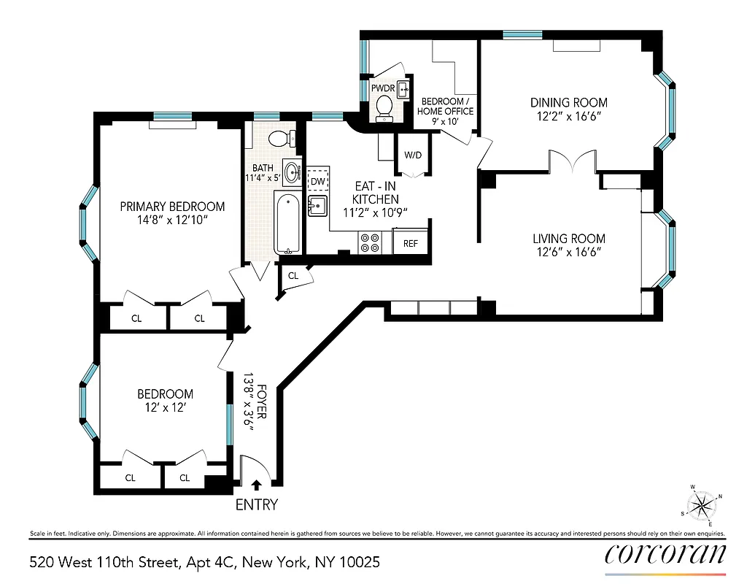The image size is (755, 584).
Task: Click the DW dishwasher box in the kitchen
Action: pyautogui.click(x=318, y=181)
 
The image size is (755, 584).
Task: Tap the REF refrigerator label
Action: pyautogui.click(x=410, y=243)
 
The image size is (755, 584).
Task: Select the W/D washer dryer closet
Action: pyautogui.click(x=413, y=155)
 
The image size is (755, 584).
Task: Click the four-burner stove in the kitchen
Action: pyautogui.click(x=371, y=242)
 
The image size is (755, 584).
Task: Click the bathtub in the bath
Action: pyautogui.click(x=287, y=223)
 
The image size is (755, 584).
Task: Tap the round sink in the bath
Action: pyautogui.click(x=293, y=173)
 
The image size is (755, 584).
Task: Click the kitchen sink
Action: pyautogui.click(x=318, y=207)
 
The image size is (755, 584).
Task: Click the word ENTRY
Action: pyautogui.click(x=256, y=504)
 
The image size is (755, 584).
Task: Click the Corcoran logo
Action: pyautogui.click(x=665, y=553)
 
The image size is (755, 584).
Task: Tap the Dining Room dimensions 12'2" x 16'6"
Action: pyautogui.click(x=568, y=116)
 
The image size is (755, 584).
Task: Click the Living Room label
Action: pyautogui.click(x=568, y=239)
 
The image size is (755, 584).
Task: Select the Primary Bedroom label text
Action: pyautogui.click(x=172, y=207)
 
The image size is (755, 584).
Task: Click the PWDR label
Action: pyautogui.click(x=382, y=88)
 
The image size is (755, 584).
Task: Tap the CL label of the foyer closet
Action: pyautogui.click(x=293, y=276)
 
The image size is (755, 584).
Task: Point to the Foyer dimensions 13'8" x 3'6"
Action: pyautogui.click(x=249, y=406)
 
